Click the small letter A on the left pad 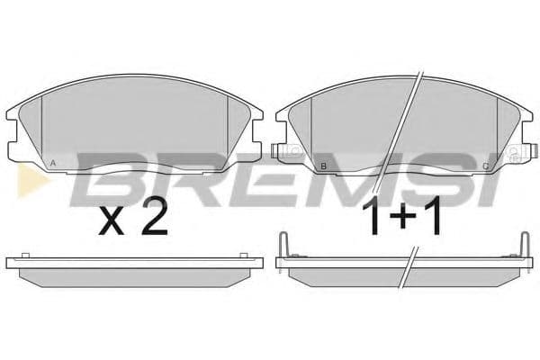pyautogui.click(x=55, y=163)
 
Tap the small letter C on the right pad pyautogui.click(x=486, y=166)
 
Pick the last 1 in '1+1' pyautogui.click(x=434, y=220)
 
